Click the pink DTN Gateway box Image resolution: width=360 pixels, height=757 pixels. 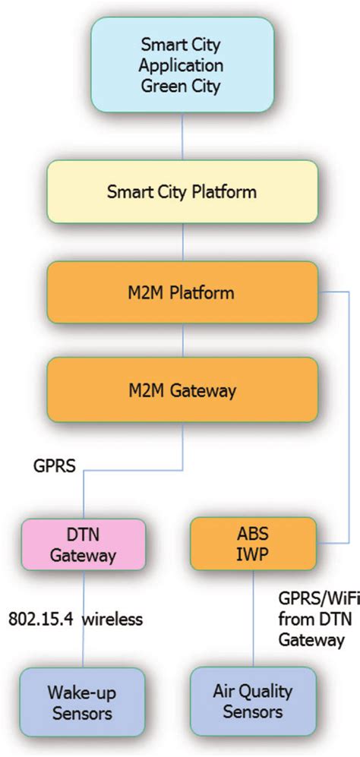coord(83,544)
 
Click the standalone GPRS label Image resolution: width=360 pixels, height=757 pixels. coord(53,465)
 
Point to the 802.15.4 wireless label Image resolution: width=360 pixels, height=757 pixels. coord(75,620)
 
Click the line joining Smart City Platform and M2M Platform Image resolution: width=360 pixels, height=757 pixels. coord(182,241)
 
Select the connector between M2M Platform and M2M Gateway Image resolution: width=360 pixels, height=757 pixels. coord(182,341)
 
